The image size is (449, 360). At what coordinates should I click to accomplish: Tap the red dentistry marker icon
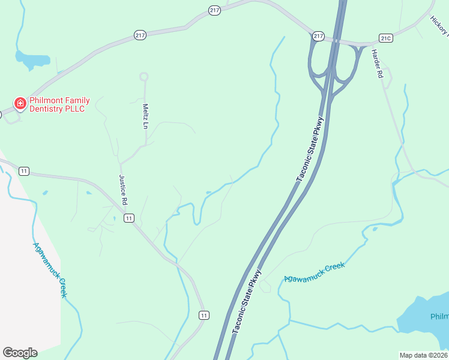tap(20, 103)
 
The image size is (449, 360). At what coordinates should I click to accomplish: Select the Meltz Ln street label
tap(145, 116)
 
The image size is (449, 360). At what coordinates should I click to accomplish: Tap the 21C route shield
tap(386, 38)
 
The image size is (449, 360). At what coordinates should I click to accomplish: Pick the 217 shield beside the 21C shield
tap(318, 37)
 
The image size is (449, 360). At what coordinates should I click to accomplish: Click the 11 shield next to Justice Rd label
tap(128, 218)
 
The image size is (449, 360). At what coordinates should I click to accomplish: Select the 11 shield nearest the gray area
tap(24, 171)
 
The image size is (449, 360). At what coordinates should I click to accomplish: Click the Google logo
tap(20, 353)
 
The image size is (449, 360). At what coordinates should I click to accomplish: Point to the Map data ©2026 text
tap(423, 355)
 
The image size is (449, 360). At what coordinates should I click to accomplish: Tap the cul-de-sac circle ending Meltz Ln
tap(143, 76)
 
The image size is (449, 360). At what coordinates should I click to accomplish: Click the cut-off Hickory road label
tap(439, 26)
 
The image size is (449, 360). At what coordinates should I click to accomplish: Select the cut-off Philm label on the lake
tap(439, 317)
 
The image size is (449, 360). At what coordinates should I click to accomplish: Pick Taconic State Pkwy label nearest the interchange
tap(310, 149)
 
